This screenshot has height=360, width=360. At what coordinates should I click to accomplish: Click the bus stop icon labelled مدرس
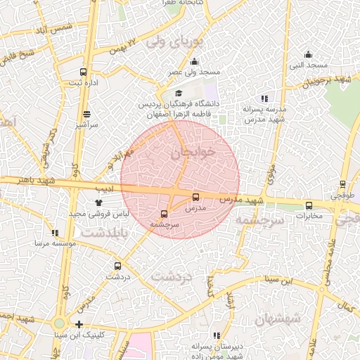195,197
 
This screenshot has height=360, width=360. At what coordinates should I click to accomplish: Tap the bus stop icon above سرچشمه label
165,213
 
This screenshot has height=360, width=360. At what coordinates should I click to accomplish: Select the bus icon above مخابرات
309,205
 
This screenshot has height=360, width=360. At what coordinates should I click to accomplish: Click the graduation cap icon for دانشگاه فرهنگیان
178,94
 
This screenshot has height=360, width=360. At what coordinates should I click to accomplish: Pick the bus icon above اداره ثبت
84,72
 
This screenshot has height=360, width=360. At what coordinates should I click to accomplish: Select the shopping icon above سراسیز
86,114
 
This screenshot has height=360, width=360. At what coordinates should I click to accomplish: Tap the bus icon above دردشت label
117,266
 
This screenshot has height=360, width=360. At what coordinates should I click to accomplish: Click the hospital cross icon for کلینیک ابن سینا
79,325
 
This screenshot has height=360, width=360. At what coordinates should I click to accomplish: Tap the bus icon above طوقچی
342,184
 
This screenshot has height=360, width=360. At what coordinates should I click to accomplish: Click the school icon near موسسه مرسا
56,232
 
